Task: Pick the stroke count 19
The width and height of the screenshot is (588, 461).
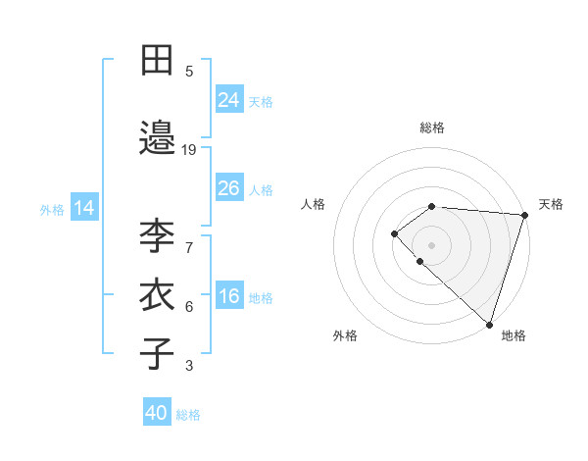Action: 189,150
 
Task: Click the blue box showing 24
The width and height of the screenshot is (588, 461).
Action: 229,99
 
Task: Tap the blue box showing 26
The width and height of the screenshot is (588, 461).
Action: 229,188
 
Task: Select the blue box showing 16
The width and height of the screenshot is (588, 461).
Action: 229,297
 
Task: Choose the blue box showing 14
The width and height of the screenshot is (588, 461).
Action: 83,208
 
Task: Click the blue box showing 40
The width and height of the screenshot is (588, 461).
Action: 157,413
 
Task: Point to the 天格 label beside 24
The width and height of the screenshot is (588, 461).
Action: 261,101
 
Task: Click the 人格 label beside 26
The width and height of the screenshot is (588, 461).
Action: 261,190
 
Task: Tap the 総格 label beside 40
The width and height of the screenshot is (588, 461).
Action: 188,415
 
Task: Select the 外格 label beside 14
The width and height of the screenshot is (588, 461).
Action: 52,210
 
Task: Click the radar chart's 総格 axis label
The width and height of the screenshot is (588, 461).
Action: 432,128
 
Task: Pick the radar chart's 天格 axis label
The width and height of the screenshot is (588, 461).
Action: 551,204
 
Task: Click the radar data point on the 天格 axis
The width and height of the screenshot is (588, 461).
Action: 524,214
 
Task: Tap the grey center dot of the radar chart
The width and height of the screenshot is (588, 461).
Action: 431,244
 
